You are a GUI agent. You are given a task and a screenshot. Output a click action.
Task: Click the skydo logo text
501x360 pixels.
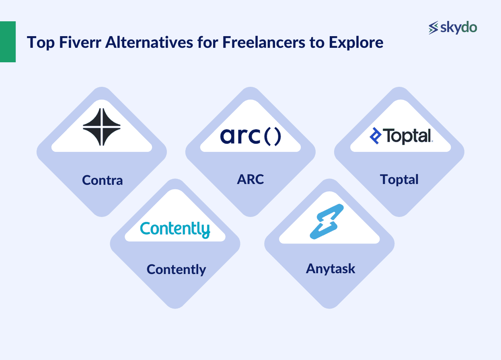pyautogui.click(x=459, y=28)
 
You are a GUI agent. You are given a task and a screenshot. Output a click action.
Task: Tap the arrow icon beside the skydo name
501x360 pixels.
pyautogui.click(x=433, y=28)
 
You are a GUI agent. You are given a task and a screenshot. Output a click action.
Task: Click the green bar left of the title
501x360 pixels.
pyautogui.click(x=8, y=42)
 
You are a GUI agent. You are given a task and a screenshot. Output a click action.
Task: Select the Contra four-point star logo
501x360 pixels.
pyautogui.click(x=102, y=126)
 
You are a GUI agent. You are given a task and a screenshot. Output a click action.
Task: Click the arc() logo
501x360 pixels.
pyautogui.click(x=250, y=136)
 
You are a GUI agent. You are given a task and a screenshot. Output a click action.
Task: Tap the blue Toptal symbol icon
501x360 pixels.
pyautogui.click(x=375, y=136)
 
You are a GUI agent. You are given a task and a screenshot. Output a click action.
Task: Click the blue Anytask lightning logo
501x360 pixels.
pyautogui.click(x=326, y=221)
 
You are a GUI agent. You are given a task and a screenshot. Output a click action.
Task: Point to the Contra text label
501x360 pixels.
pyautogui.click(x=102, y=180)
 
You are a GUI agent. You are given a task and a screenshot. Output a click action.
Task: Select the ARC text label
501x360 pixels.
pyautogui.click(x=250, y=179)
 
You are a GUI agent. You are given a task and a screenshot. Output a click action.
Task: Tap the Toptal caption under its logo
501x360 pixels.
pyautogui.click(x=399, y=180)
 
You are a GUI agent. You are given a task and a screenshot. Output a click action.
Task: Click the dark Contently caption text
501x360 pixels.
pyautogui.click(x=176, y=269)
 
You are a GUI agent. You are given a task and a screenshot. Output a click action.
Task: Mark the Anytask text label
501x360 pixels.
pyautogui.click(x=331, y=268)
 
